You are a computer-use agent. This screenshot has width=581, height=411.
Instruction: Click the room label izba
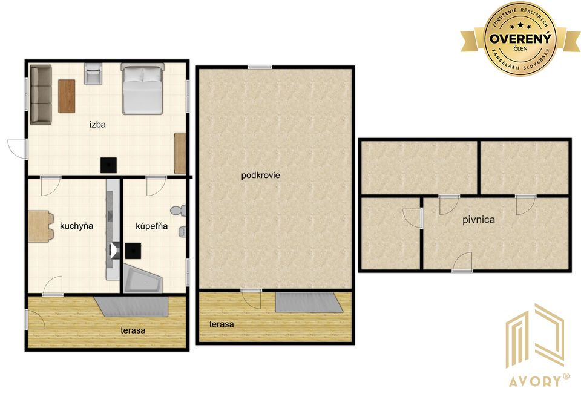[98, 125]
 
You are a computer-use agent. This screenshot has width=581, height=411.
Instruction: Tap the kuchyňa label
[76, 226]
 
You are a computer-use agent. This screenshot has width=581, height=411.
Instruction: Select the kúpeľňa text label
[151, 226]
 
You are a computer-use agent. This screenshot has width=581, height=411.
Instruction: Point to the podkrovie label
[260, 175]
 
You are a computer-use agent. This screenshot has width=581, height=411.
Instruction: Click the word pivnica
[478, 220]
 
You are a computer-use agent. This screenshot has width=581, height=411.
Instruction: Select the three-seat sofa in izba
[41, 94]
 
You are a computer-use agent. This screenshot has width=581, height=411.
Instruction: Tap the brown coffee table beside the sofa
[67, 96]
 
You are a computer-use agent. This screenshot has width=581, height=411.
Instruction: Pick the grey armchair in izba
[93, 73]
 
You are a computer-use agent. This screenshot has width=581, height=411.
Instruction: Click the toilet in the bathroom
[178, 211]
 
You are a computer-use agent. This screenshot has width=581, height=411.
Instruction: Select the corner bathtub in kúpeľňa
[142, 278]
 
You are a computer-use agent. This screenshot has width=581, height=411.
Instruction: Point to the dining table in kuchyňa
[39, 226]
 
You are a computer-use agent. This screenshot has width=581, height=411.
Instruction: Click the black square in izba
[108, 165]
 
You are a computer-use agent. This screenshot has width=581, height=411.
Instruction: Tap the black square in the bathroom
[133, 251]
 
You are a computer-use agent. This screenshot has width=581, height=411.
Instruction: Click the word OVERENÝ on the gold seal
[520, 38]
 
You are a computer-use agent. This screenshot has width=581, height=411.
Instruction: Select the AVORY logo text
[536, 381]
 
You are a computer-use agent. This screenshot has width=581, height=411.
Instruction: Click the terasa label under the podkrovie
[222, 324]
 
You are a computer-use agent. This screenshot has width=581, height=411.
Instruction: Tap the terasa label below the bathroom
[133, 330]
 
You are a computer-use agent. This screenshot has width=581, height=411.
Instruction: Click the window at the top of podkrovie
[260, 67]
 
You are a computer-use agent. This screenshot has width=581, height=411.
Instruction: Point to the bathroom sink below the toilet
[182, 231]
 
